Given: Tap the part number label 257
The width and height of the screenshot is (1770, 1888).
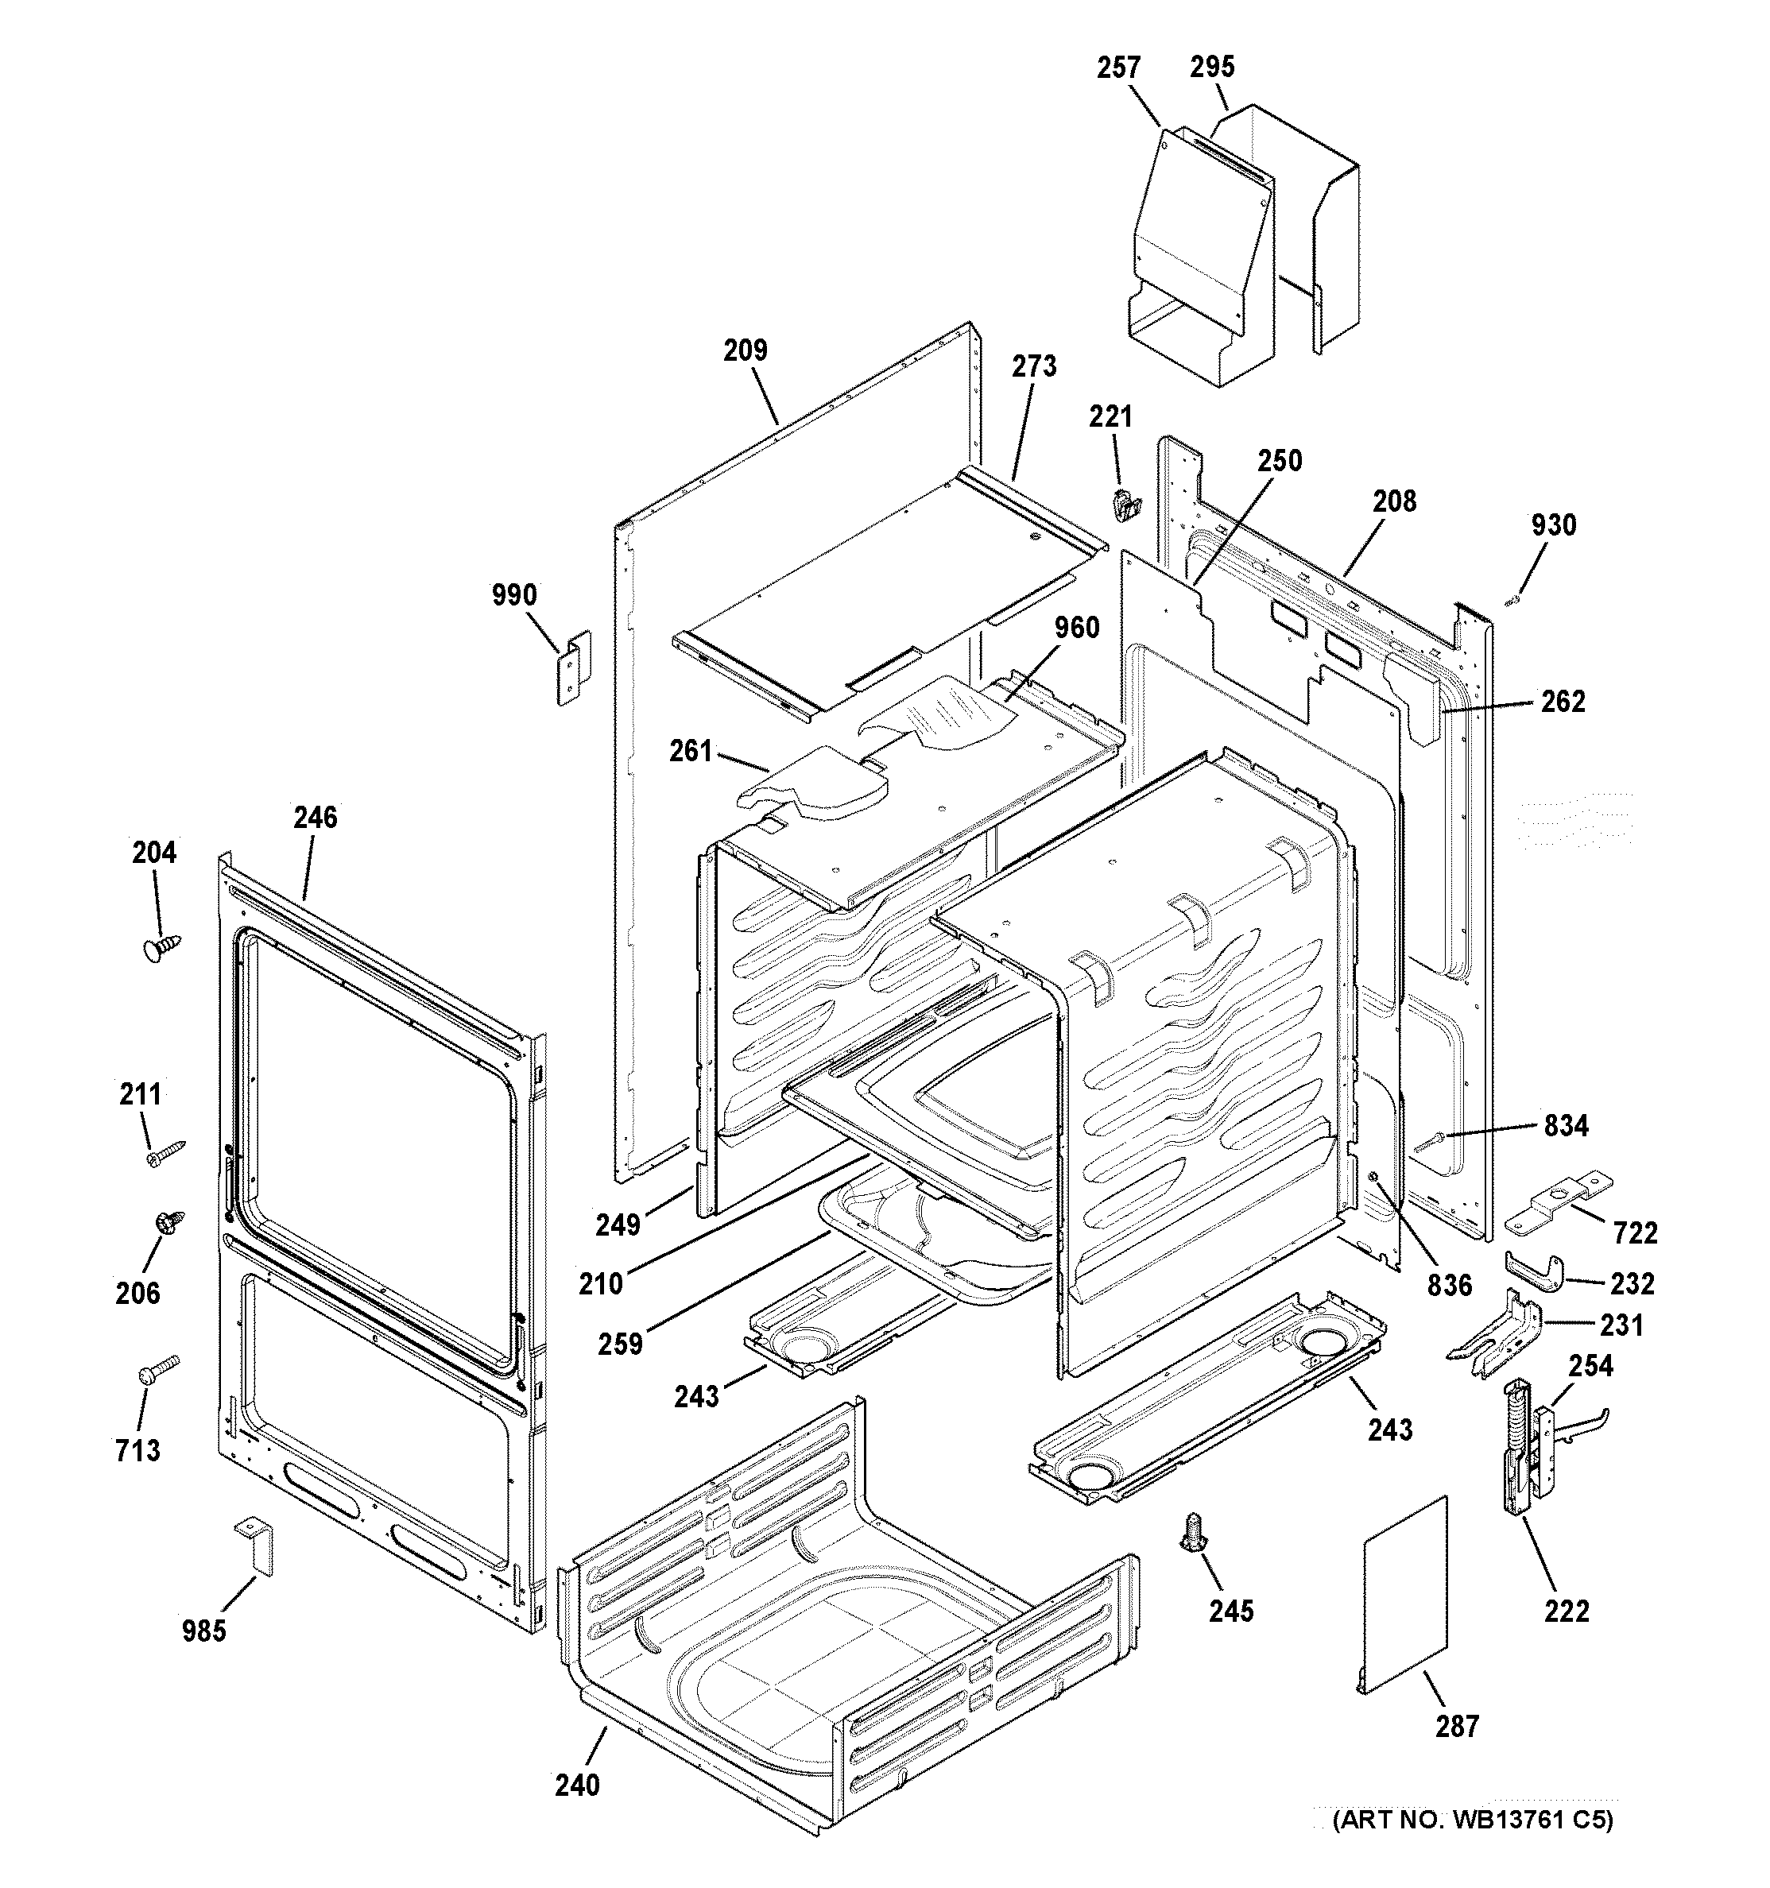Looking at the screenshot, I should pos(1118,68).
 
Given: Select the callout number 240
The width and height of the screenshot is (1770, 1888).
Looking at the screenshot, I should pos(577,1785).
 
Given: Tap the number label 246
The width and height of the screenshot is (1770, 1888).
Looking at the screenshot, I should pos(315,817).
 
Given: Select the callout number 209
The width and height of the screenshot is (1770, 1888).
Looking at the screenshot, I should pos(745,350).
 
